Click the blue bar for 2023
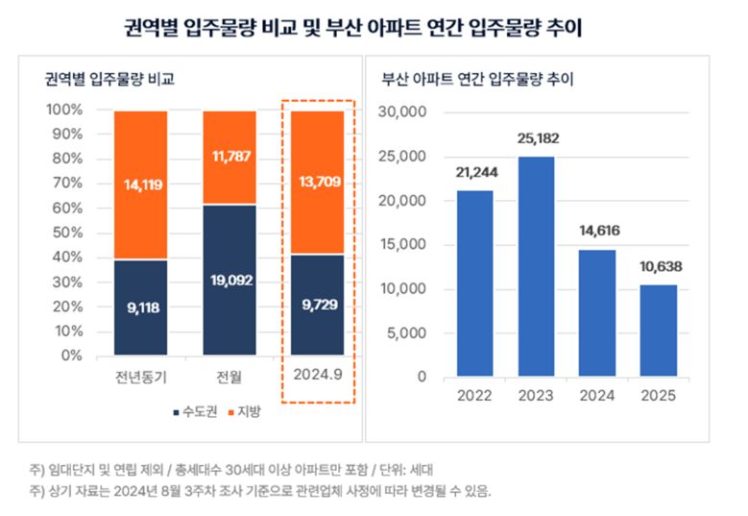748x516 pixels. (x=537, y=267)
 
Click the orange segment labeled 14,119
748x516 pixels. (x=140, y=184)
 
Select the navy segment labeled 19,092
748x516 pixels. (x=229, y=280)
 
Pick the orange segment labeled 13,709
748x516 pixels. (x=317, y=183)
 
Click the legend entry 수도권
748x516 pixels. (x=199, y=412)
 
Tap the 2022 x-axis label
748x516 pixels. (x=474, y=396)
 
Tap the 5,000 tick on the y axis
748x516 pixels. (x=409, y=333)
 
